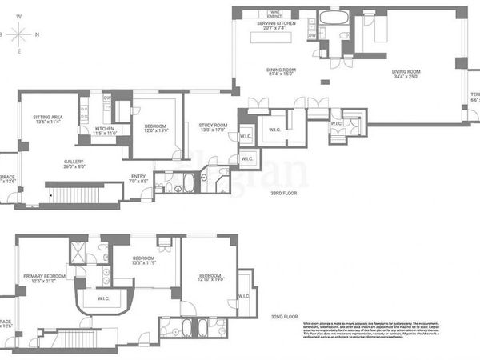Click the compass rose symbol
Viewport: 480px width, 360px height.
click(21, 34)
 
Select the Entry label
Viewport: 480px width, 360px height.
click(138, 179)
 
